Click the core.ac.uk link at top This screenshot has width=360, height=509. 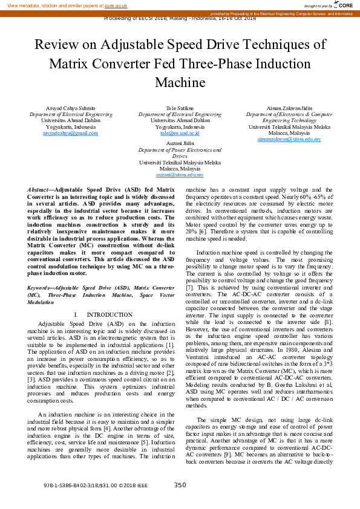[x=116, y=5]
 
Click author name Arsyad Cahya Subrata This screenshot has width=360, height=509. [x=71, y=108]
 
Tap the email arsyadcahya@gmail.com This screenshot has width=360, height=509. [x=71, y=134]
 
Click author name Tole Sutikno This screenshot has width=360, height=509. [x=180, y=108]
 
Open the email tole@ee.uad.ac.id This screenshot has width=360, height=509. [x=180, y=134]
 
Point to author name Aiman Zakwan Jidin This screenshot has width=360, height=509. [x=289, y=108]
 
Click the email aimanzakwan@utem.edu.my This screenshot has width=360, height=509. [x=289, y=140]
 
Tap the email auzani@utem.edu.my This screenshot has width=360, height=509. [x=180, y=175]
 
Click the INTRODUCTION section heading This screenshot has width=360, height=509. [x=109, y=315]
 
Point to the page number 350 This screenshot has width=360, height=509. [x=180, y=485]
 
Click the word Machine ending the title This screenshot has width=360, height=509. [x=180, y=82]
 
